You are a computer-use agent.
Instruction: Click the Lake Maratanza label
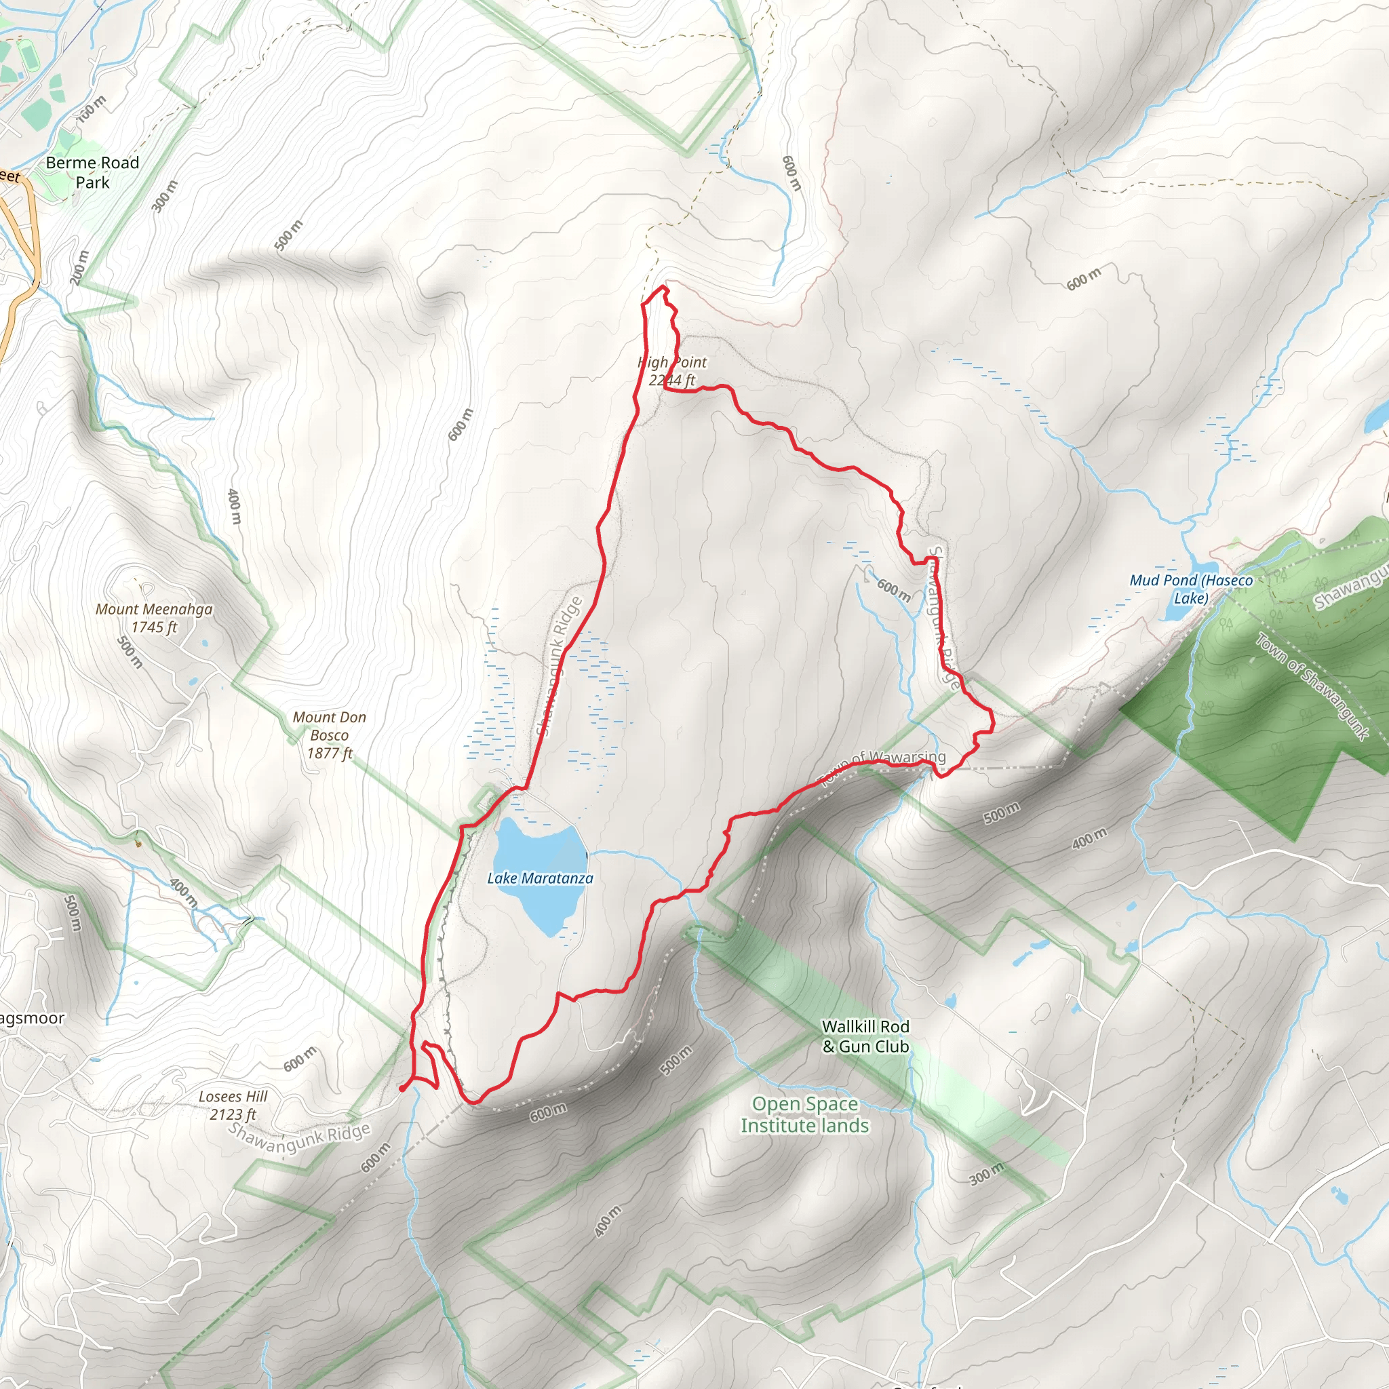pos(540,878)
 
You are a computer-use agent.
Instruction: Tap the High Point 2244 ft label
pos(671,371)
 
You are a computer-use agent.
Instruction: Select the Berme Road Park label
pos(92,172)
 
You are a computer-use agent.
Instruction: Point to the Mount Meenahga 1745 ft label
pos(154,618)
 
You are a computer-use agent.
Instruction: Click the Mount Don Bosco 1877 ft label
pos(329,735)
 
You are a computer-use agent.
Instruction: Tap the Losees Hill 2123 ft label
pos(233,1105)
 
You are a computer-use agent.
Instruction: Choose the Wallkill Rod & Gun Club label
pos(865,1036)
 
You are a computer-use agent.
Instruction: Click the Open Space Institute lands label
pos(804,1114)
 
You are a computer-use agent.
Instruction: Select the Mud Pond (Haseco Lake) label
pos(1190,589)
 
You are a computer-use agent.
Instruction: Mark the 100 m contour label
pos(92,109)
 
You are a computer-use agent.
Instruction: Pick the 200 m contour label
pos(80,267)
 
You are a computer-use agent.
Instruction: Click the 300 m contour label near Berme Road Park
pos(164,195)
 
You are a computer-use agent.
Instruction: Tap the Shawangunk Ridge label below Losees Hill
pos(299,1138)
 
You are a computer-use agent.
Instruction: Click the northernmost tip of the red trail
pos(663,288)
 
